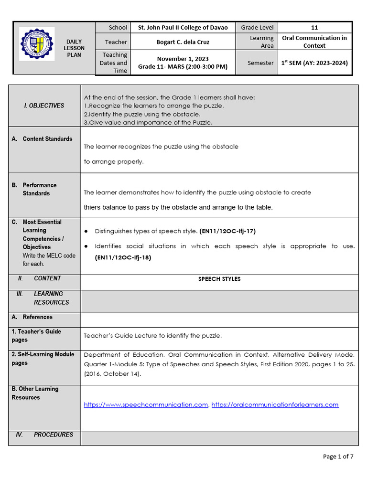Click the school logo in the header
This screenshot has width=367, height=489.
click(37, 43)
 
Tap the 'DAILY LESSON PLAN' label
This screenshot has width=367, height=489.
click(75, 48)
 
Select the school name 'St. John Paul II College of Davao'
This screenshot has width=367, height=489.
click(183, 28)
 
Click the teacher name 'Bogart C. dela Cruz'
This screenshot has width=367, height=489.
click(183, 42)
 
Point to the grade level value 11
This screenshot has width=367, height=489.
click(314, 28)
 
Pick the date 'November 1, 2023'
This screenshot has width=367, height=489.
click(183, 59)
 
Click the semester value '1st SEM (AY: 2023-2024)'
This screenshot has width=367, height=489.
click(314, 63)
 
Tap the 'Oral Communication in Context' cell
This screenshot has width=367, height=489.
click(314, 42)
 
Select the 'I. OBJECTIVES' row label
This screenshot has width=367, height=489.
click(44, 106)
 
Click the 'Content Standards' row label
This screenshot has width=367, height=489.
click(47, 139)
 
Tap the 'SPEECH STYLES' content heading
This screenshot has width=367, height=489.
click(219, 279)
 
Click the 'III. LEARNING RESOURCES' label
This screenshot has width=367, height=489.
click(48, 298)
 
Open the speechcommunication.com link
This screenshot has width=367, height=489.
click(146, 404)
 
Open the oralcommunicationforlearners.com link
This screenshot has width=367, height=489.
click(275, 404)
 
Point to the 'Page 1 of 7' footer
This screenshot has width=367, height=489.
click(338, 457)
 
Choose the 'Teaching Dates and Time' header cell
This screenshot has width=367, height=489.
click(113, 63)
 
